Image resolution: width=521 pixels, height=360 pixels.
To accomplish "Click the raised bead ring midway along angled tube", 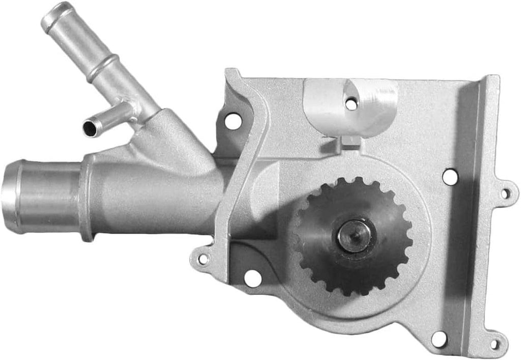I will (102, 69).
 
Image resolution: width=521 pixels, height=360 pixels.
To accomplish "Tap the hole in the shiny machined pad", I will (351, 104).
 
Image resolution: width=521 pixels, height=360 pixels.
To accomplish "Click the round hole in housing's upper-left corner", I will (233, 121).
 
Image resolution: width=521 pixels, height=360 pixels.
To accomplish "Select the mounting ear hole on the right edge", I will (505, 193).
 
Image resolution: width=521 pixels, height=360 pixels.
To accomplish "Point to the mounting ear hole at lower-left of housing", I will (203, 259).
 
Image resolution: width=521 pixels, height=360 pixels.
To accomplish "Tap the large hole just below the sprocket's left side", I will (252, 278).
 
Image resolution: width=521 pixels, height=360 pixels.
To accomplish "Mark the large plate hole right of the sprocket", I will (450, 177).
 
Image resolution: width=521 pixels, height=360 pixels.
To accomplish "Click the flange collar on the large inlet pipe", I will (87, 199).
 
